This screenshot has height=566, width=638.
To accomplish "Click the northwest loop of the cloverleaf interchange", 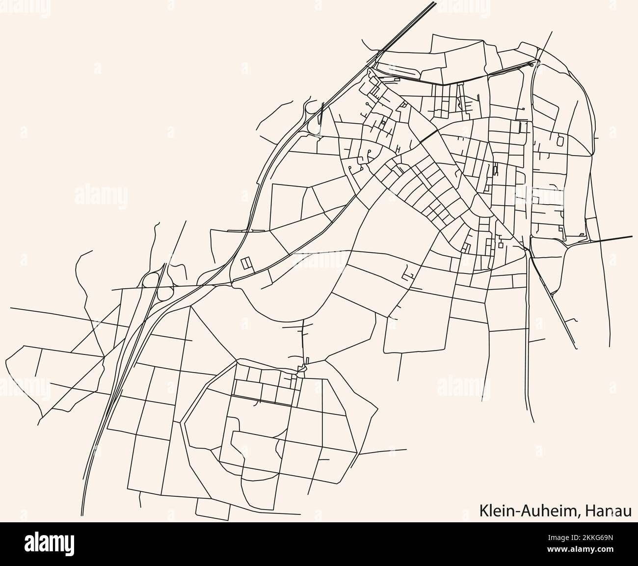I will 149,280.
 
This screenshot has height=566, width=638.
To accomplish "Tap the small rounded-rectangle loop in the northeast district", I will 560,141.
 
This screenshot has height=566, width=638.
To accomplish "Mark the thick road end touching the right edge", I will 630,237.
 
